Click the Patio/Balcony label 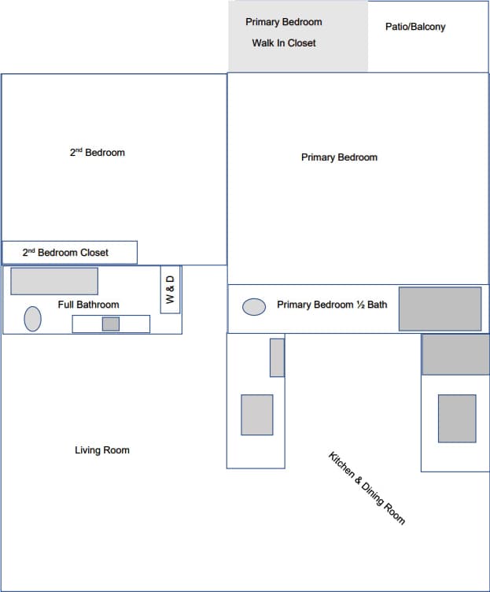tap(415, 27)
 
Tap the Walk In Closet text tap(284, 43)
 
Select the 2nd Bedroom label tap(98, 153)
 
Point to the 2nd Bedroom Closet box tap(69, 253)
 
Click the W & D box tap(170, 290)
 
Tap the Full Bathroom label tap(89, 305)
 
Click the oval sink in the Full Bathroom tap(32, 318)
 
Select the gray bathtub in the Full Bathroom tap(54, 281)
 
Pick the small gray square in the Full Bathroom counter tap(111, 324)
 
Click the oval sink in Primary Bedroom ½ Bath tap(254, 307)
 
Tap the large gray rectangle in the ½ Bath tap(440, 309)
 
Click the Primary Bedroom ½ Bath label tap(332, 305)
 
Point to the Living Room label tap(102, 450)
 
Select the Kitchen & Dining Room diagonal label tap(367, 488)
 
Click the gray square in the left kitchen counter tap(257, 415)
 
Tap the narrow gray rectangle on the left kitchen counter tap(277, 357)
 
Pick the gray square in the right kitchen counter tap(457, 418)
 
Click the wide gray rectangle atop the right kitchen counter tap(455, 354)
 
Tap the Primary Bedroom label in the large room tap(339, 157)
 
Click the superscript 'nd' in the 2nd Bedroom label tap(79, 150)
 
